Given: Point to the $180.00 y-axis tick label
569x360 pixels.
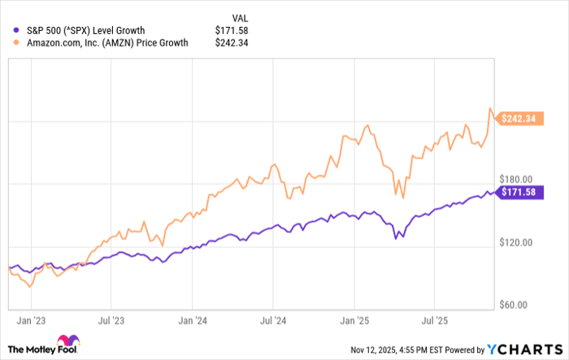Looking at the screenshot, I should coord(515,180).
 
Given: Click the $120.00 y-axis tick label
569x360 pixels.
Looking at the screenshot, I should coord(515,242).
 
